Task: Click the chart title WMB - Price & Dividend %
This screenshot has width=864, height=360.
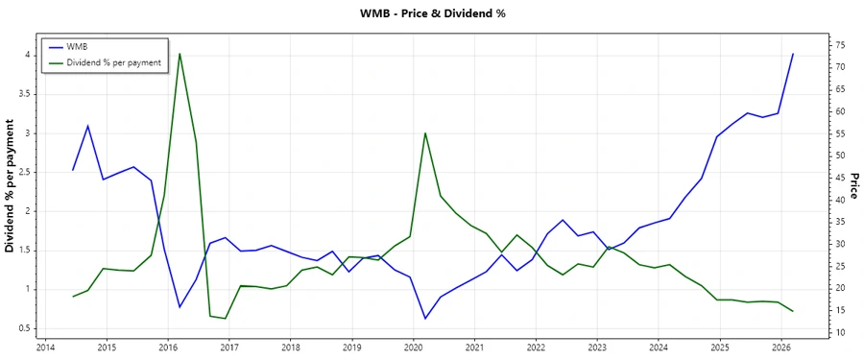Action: point(431,13)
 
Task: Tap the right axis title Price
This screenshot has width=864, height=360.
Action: point(853,192)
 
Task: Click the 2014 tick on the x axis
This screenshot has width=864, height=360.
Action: point(45,348)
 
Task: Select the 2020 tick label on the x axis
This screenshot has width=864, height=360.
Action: point(413,348)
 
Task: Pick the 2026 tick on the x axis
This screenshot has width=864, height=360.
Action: point(781,348)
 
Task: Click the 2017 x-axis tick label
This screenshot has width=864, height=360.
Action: point(228,348)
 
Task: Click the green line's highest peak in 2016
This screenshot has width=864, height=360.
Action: point(180,54)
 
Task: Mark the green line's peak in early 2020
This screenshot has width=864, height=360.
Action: point(425,133)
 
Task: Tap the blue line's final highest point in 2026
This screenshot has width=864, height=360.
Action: point(793,54)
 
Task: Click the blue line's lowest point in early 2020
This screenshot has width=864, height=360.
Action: point(425,318)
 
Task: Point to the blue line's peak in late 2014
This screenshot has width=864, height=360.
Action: point(87,126)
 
